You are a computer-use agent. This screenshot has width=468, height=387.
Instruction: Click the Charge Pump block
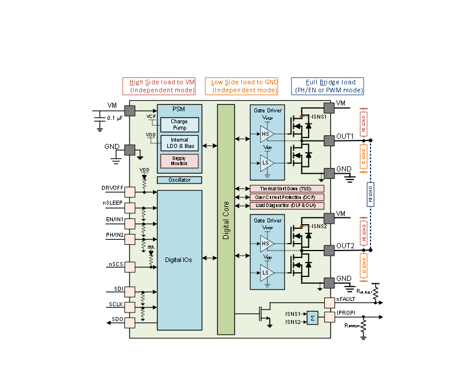[179, 124]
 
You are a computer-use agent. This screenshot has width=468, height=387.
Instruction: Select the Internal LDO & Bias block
[179, 143]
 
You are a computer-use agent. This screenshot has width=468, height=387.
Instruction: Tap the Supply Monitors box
[179, 161]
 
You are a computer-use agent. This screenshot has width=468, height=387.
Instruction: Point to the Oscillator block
[179, 180]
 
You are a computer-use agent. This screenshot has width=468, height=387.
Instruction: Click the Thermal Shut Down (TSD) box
[287, 189]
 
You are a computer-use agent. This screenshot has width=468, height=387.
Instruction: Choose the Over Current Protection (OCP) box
[287, 197]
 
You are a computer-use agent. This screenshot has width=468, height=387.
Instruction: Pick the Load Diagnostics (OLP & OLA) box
[287, 205]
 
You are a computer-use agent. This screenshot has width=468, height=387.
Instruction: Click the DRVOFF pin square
[130, 191]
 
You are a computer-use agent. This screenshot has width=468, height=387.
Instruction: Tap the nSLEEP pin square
[130, 207]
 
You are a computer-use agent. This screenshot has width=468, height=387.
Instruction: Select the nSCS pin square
[130, 267]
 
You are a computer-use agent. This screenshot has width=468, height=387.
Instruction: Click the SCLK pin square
[130, 307]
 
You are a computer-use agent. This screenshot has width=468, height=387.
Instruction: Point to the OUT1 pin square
[329, 140]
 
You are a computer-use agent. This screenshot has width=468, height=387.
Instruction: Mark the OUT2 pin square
[329, 249]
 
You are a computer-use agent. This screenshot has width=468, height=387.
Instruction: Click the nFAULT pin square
[329, 302]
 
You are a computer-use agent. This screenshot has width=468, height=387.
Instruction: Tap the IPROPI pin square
[329, 316]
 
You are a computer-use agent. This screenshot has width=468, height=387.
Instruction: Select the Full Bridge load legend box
[328, 86]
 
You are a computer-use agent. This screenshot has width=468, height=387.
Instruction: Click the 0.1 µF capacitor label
[115, 118]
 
